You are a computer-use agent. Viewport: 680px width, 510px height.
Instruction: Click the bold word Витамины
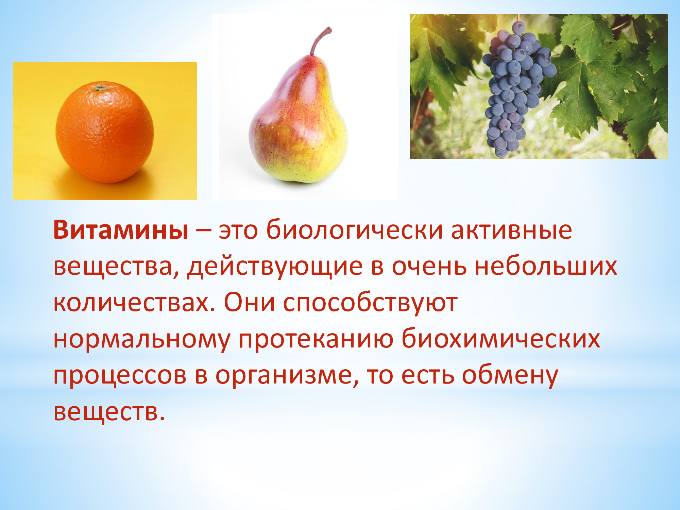coord(121,230)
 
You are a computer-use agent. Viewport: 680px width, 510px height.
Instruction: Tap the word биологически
coord(355,230)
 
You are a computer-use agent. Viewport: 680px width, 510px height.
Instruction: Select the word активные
coord(511,230)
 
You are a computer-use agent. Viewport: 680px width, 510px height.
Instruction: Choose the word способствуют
coord(370,304)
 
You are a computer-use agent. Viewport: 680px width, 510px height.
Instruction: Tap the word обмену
coord(510,376)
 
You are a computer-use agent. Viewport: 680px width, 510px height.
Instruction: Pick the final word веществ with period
coord(109,412)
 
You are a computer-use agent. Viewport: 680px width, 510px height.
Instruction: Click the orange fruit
coord(105,132)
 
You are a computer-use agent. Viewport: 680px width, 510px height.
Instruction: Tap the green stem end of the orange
coord(100,88)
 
